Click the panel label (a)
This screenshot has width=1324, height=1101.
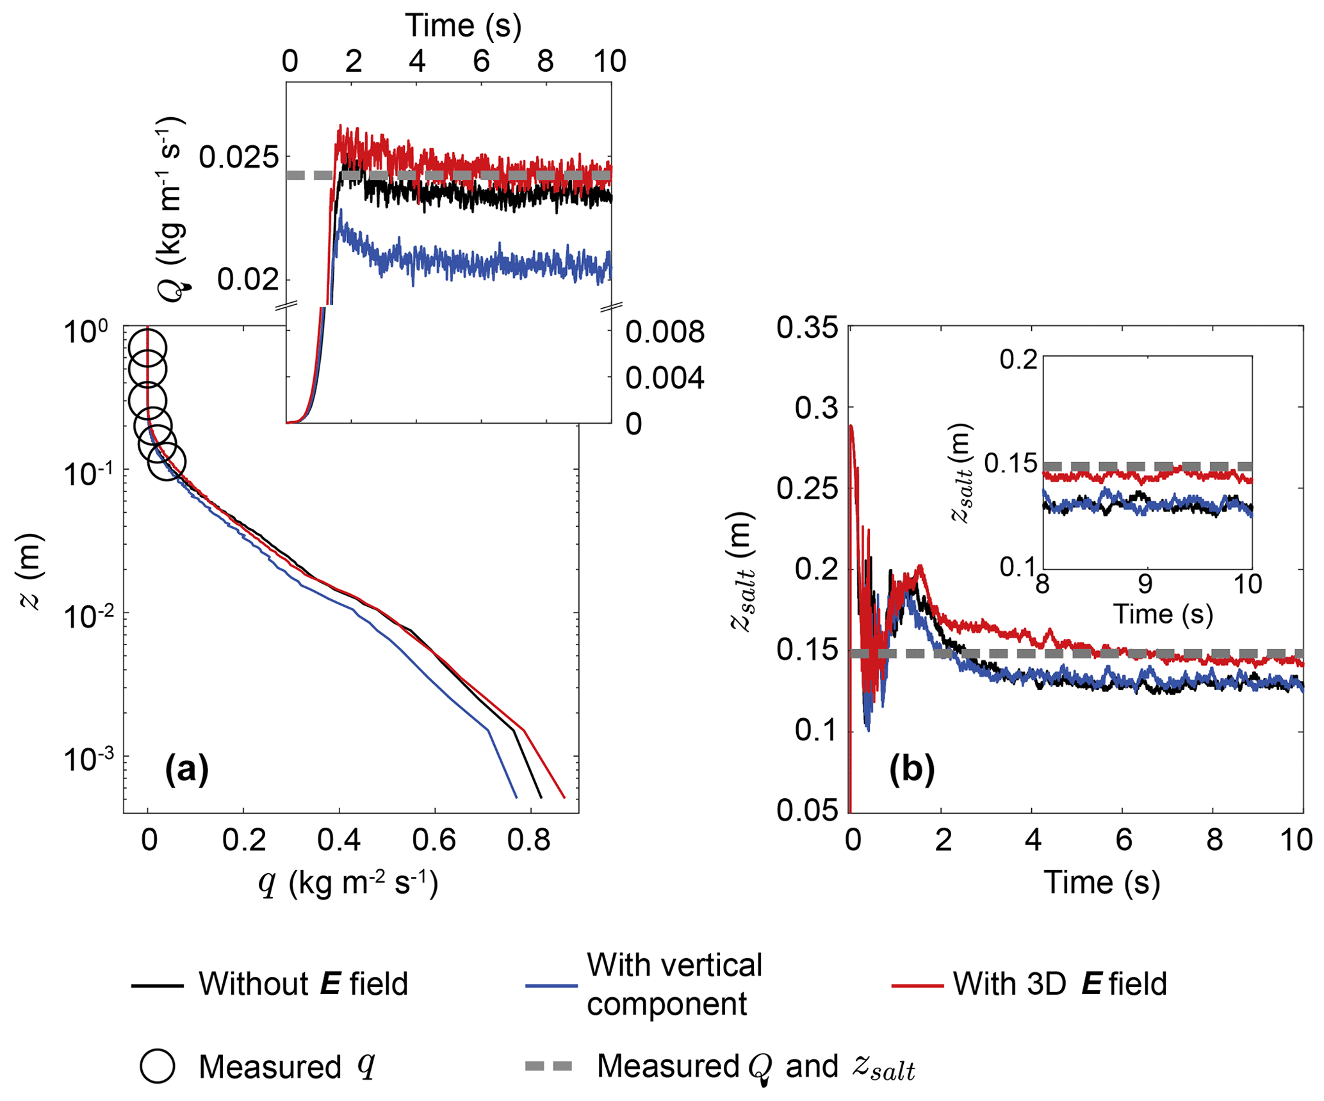(186, 769)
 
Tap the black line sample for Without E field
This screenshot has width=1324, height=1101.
(157, 985)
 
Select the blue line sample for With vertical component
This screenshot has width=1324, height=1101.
(551, 985)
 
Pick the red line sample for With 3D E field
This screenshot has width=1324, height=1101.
(917, 985)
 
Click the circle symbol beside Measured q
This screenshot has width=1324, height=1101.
(157, 1066)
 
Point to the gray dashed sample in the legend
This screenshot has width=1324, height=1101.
(549, 1066)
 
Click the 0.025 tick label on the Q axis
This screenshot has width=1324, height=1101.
(239, 157)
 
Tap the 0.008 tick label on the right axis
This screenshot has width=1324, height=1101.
(664, 332)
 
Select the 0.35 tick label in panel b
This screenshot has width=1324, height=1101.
(807, 328)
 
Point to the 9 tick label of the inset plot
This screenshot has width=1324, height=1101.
(1145, 584)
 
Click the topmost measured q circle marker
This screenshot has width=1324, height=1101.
(148, 349)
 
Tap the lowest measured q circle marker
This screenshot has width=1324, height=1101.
(167, 461)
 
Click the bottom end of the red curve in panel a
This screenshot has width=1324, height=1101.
(564, 798)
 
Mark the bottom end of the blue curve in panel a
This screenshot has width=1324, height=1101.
(516, 798)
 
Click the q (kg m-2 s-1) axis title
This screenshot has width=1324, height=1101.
(348, 884)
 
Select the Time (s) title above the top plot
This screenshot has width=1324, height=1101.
(463, 26)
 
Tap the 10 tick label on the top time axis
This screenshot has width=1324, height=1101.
(609, 61)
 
